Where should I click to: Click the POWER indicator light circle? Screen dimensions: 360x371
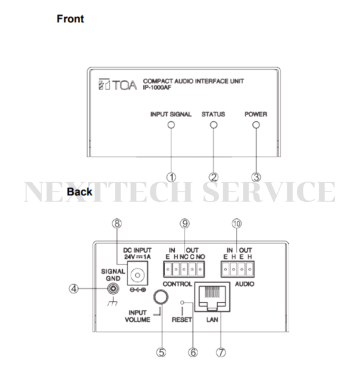[256, 125]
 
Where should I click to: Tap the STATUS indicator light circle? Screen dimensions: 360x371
[214, 125]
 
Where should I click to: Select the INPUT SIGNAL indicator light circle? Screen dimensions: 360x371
[171, 125]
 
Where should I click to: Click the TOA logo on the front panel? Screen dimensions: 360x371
[118, 84]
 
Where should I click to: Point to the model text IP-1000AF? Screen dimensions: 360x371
[157, 87]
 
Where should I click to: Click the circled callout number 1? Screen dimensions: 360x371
[171, 177]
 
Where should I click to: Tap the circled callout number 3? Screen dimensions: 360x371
[256, 177]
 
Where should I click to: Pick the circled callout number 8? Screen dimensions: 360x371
[117, 224]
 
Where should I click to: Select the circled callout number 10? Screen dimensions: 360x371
[236, 224]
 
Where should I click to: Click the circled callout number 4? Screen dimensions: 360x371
[74, 289]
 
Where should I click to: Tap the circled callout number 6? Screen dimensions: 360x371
[192, 353]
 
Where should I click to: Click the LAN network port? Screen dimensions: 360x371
[212, 297]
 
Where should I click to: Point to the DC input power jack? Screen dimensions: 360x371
[137, 275]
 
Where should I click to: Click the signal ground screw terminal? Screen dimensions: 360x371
[113, 289]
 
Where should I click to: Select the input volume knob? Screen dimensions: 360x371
[161, 297]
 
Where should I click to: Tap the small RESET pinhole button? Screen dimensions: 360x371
[182, 303]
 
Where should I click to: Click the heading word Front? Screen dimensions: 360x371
[70, 18]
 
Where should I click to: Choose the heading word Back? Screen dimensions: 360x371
[79, 191]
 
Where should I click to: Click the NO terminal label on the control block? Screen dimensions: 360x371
[200, 257]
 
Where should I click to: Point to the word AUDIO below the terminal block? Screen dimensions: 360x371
[244, 284]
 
